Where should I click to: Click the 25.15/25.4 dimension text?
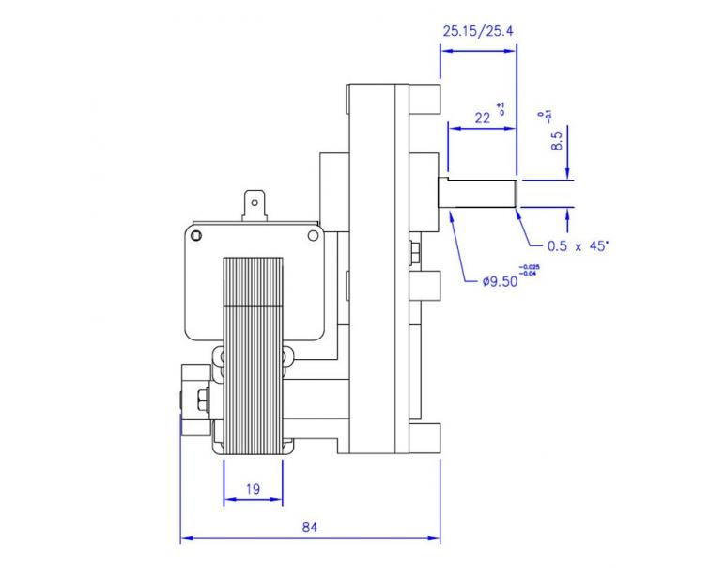(x=477, y=31)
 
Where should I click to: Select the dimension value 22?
(x=483, y=118)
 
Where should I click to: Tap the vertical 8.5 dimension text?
(x=556, y=141)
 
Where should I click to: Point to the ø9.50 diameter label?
(x=501, y=282)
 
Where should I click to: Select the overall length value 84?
(x=310, y=527)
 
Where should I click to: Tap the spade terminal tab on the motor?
(x=255, y=203)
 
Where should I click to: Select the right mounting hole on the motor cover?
(x=313, y=234)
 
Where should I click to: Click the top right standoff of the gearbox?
(x=424, y=98)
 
